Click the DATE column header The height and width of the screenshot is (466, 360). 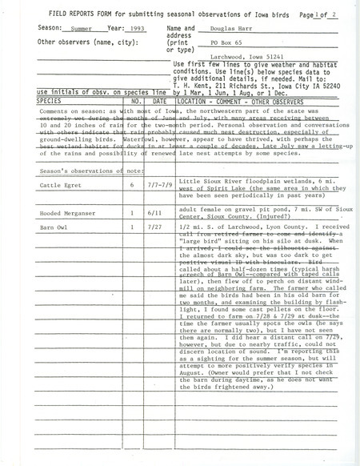click(160, 102)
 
